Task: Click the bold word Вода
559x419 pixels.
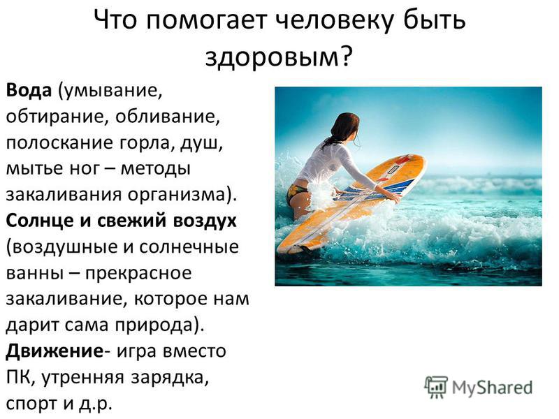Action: (29, 90)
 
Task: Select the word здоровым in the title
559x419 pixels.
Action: (272, 57)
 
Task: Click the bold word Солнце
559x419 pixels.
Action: (41, 220)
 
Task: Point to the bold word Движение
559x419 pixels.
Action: (55, 351)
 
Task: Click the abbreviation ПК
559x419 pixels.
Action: (18, 377)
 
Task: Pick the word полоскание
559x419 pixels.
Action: (57, 143)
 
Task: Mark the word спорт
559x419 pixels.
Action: (32, 404)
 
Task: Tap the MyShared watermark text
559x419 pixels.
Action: (492, 388)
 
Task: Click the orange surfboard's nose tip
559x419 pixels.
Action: (424, 158)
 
